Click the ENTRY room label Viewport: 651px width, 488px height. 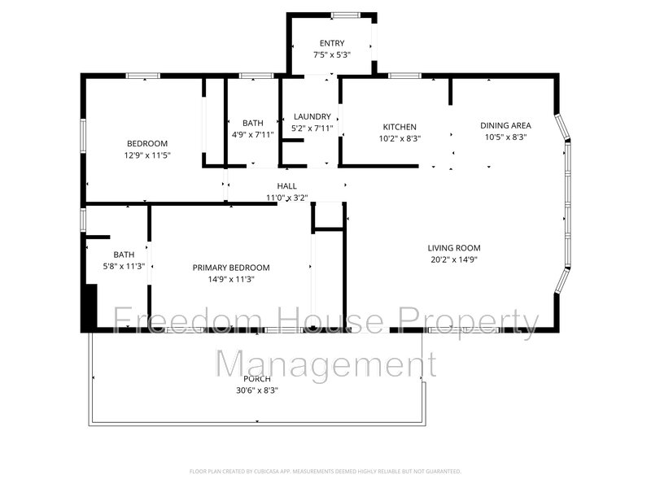332,43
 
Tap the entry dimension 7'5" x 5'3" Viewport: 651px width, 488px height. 332,55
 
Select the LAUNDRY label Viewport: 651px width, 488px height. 312,117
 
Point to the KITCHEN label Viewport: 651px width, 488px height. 400,127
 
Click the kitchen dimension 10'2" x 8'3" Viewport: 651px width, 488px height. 400,139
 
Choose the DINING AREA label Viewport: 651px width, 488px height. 505,125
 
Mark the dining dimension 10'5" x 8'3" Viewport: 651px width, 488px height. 505,137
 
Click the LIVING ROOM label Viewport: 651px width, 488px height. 454,248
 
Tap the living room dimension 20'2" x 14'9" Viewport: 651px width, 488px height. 454,260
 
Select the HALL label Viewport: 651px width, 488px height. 286,186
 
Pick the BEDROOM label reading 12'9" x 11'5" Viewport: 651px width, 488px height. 146,143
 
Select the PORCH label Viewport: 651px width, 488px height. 256,379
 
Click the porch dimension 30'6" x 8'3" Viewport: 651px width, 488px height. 256,390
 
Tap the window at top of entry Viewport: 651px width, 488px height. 347,15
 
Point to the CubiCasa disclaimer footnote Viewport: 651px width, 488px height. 325,471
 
